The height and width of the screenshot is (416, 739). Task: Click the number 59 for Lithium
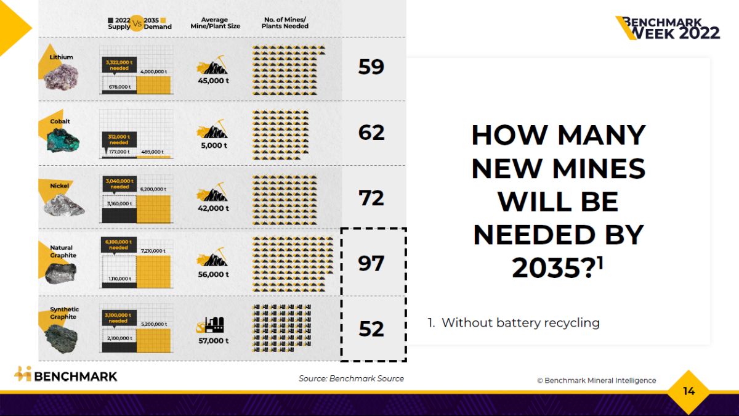(x=371, y=67)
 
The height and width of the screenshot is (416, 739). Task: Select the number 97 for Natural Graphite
(x=371, y=263)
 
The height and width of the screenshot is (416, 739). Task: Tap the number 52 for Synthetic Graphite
(x=371, y=328)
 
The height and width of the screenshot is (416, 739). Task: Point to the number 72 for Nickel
(x=371, y=198)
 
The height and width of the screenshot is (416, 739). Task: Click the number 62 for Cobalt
(x=371, y=133)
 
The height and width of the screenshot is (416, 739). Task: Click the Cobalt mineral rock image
(x=62, y=141)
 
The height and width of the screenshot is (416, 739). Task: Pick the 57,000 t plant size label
(x=213, y=341)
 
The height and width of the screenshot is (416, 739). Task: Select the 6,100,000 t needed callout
(x=119, y=245)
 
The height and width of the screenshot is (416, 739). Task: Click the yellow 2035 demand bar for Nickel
(x=154, y=208)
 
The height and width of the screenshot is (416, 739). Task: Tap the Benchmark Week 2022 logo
(x=668, y=28)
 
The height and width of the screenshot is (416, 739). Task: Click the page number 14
(x=689, y=391)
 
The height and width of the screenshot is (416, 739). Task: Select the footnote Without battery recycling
(x=514, y=323)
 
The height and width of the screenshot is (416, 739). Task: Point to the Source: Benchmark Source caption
(x=351, y=378)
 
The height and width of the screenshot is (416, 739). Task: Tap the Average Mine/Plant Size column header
(x=214, y=23)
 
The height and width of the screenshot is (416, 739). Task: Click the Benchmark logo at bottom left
(x=66, y=375)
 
